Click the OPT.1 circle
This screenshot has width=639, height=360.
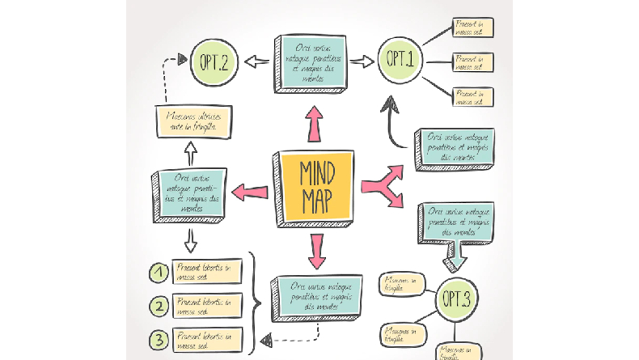399,59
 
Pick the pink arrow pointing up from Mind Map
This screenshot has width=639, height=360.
313,125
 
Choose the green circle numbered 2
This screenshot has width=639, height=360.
160,305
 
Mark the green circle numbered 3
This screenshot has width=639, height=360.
160,338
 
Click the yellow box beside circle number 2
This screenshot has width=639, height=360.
208,305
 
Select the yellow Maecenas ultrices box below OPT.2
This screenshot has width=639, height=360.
194,121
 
